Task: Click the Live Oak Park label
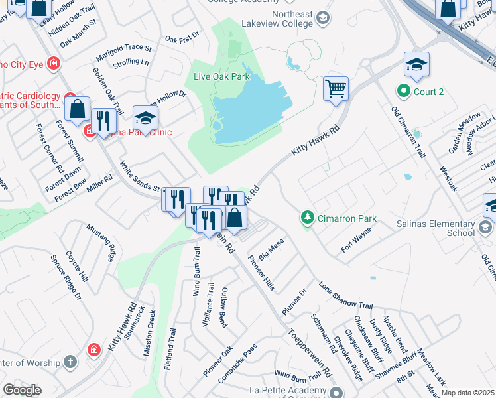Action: pos(221,76)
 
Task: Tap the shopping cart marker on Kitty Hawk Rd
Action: pos(336,88)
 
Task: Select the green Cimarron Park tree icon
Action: pos(307,217)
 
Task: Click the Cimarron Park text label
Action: pos(347,218)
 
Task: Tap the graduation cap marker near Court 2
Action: pos(416,66)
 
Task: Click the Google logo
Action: pos(23,389)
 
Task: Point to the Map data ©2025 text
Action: pos(468,393)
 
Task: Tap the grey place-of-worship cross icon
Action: pos(72,362)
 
